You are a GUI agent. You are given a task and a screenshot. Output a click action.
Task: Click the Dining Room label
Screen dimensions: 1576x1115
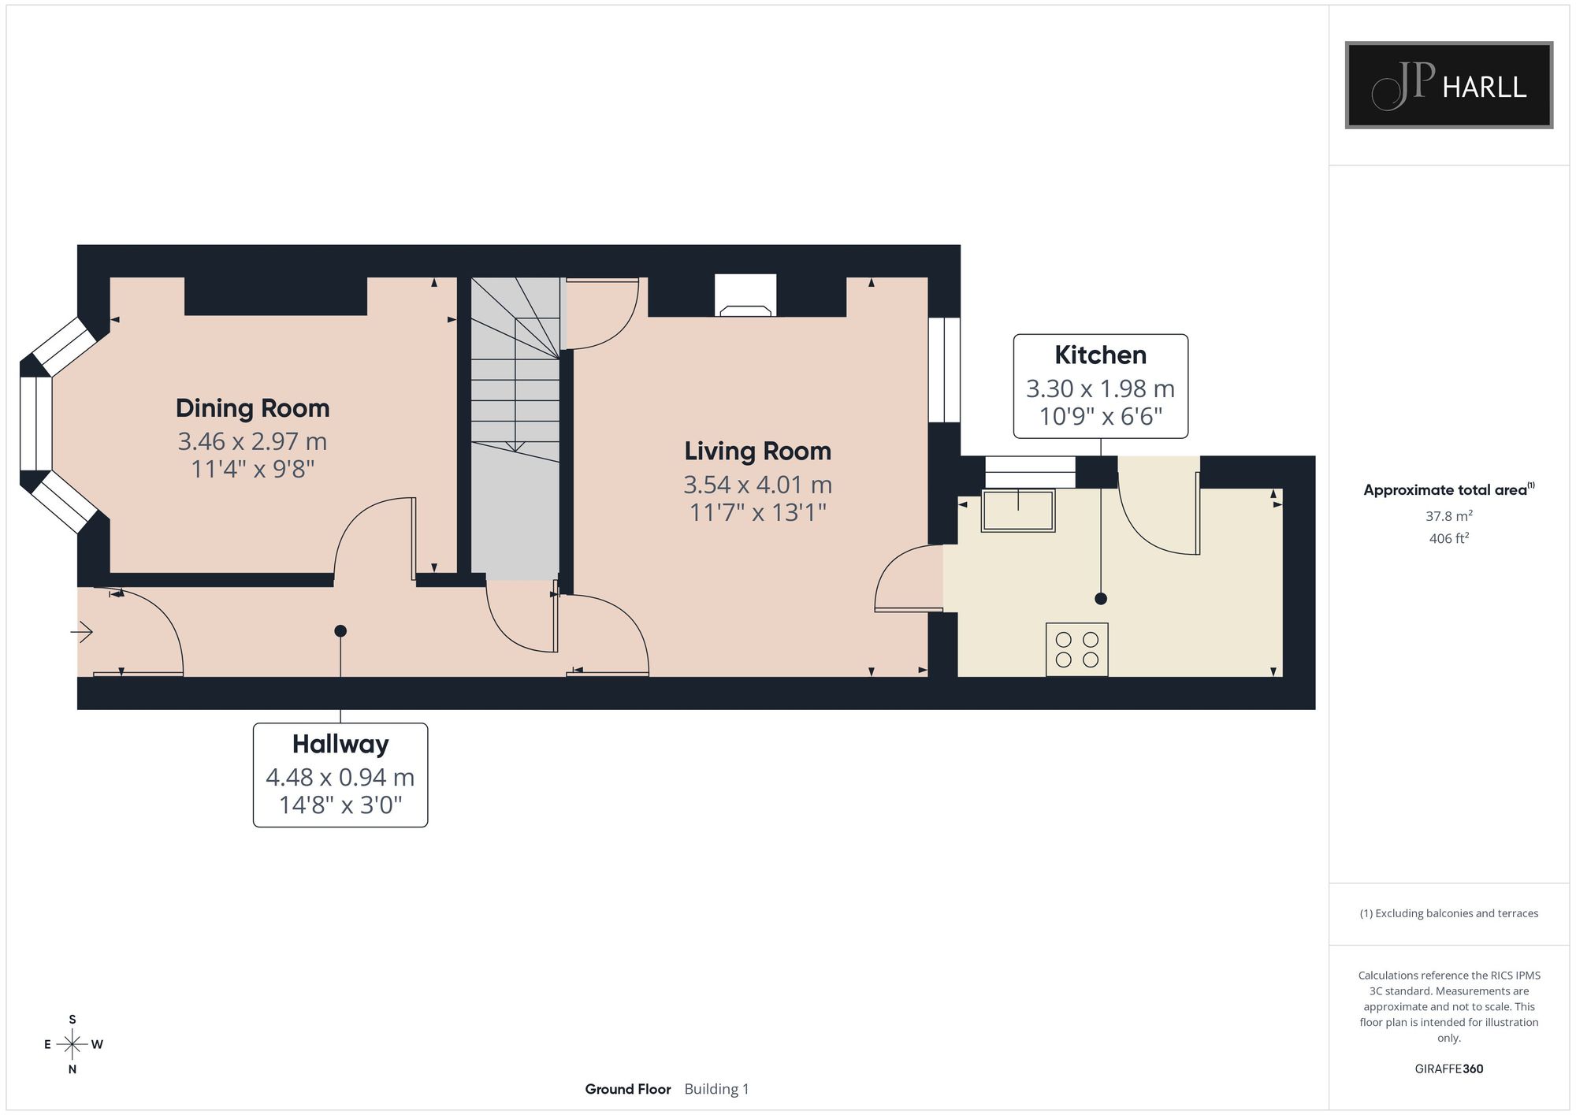252,408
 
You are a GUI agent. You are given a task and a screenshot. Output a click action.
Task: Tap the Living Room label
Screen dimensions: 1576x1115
757,451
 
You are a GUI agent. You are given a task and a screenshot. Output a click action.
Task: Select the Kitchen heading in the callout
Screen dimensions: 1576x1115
1100,355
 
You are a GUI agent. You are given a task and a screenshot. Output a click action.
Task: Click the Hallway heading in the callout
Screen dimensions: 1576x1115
340,744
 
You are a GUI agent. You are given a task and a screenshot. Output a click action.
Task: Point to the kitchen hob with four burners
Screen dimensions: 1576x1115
1077,649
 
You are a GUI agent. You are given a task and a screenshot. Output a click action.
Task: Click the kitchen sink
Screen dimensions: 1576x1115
1018,510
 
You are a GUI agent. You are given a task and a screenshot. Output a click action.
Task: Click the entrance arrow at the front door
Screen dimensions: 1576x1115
83,631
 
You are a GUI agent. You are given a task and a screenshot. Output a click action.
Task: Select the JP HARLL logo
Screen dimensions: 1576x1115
1448,85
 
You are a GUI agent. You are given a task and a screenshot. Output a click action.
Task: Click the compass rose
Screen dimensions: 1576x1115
72,1045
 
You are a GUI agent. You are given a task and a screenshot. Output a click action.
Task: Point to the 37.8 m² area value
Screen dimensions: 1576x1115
1448,516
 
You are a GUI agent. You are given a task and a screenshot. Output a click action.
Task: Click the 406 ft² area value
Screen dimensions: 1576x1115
1448,539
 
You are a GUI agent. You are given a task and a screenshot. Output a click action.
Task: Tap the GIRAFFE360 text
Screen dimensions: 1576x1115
1448,1069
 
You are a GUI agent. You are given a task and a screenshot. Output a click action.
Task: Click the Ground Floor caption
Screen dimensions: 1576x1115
627,1089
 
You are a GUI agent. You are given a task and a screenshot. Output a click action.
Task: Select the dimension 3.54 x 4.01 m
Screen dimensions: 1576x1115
757,484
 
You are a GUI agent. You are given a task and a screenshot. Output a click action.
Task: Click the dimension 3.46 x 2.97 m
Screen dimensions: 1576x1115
252,441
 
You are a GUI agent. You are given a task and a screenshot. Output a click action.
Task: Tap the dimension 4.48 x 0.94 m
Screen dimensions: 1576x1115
340,777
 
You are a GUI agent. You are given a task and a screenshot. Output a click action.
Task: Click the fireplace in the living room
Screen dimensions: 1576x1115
745,295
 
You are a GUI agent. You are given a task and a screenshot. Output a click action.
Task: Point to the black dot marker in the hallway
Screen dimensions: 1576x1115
340,631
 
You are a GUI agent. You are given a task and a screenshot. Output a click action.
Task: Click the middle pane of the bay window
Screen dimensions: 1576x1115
35,423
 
